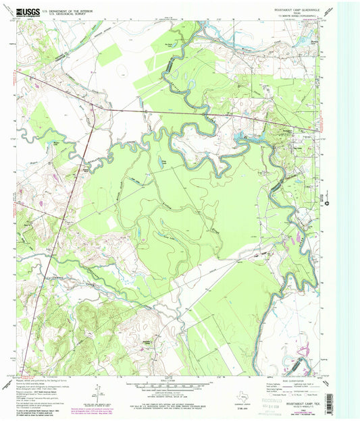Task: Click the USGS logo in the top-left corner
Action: [26, 11]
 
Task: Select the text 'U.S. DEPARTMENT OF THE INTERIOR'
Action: [67, 9]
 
